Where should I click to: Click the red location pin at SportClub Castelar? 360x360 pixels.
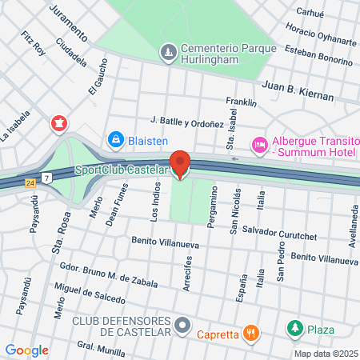click(x=180, y=164)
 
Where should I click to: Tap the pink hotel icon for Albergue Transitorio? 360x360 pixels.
click(x=259, y=144)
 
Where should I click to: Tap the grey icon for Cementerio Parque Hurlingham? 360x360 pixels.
click(x=168, y=53)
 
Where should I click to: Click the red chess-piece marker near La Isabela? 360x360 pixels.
click(x=58, y=123)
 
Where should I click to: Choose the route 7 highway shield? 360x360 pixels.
click(x=48, y=177)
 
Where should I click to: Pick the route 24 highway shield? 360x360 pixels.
click(x=30, y=182)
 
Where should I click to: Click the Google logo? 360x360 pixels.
click(x=26, y=350)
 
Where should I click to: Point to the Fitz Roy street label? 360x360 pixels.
click(x=34, y=42)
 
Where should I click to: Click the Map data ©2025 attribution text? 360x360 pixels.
click(x=325, y=354)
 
